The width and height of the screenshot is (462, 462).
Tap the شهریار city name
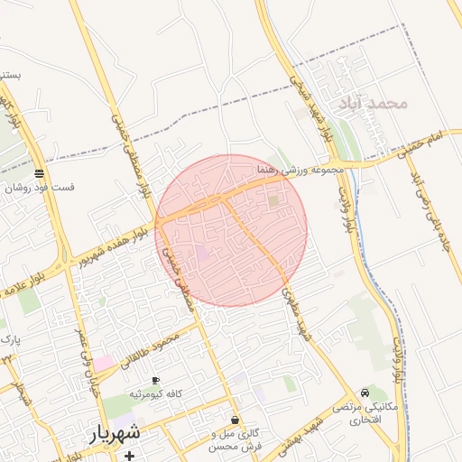(115, 434)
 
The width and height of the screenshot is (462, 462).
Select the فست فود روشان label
(41, 189)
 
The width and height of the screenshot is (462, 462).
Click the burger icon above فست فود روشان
(38, 173)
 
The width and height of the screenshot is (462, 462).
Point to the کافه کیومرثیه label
(156, 394)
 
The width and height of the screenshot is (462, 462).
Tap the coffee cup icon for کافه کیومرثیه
(156, 380)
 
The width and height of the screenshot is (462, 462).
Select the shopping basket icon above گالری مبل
(236, 420)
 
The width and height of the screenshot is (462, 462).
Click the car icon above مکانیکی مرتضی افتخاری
(364, 393)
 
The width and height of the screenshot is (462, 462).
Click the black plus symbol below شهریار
(130, 456)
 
